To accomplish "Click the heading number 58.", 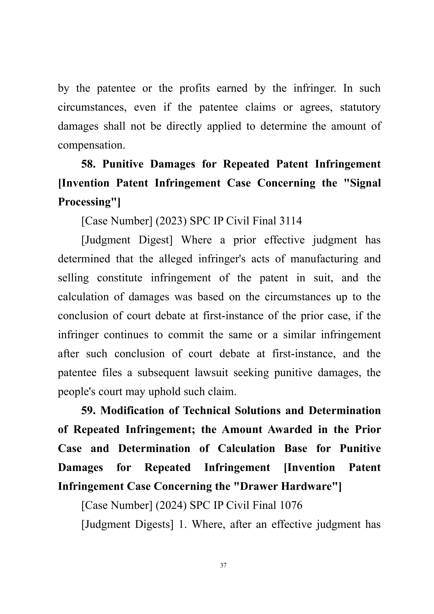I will coord(88,164).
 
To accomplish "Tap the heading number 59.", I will coord(88,410).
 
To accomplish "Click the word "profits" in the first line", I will coord(195,88).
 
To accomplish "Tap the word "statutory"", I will coord(360,107).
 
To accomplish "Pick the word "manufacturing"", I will coord(324,259).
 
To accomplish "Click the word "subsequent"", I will coord(163,372).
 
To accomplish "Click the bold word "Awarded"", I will coord(290,429).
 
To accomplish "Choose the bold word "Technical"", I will coord(206,410).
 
